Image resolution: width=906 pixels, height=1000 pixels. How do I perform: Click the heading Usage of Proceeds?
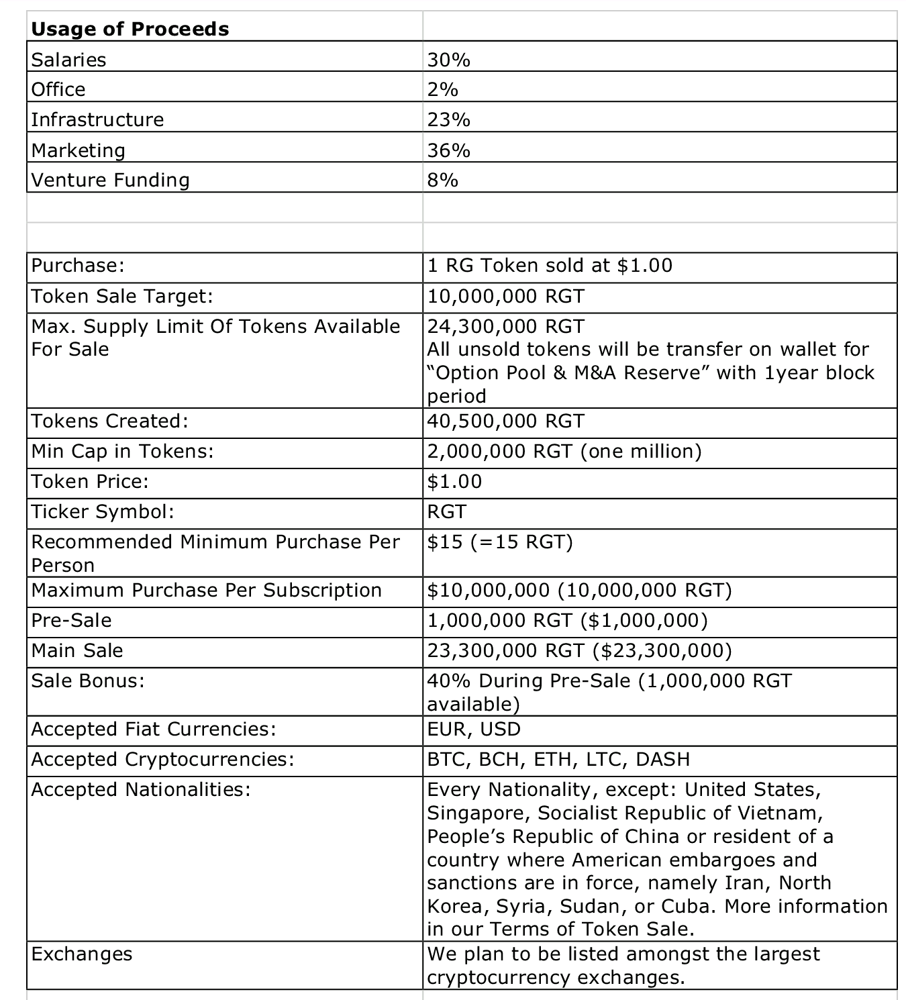tap(130, 29)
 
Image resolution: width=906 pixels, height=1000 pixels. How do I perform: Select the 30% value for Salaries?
tap(449, 60)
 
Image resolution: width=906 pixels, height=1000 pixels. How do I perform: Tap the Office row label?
tap(58, 89)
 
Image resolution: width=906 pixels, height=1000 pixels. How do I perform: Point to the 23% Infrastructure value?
tap(449, 119)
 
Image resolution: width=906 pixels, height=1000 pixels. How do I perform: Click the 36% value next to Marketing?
tap(449, 150)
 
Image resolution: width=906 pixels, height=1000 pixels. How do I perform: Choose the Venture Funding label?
tap(111, 180)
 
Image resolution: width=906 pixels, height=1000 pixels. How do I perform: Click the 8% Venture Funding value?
tap(443, 180)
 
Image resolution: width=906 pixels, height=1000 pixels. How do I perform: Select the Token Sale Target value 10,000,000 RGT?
tap(506, 296)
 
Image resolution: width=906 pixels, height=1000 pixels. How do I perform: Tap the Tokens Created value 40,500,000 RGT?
tap(506, 421)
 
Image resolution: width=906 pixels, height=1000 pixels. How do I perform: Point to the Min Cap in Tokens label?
tap(122, 451)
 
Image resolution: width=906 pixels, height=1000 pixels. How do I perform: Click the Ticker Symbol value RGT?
tap(446, 511)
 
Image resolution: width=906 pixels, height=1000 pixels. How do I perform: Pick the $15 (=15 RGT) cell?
tap(500, 542)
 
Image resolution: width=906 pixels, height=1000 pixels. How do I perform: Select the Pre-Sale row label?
tap(72, 620)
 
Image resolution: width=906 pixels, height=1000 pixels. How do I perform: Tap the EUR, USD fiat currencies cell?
tap(474, 729)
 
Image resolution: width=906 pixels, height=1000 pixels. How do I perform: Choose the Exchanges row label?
tap(82, 954)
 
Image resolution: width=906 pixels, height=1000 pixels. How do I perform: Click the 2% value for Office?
tap(443, 89)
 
